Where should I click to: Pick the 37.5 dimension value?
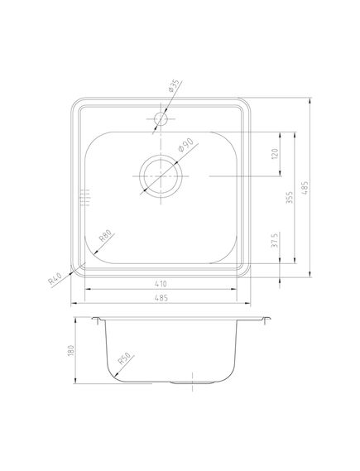[276, 243]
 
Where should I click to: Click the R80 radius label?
[105, 234]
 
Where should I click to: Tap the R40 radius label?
[55, 277]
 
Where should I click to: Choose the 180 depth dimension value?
[73, 353]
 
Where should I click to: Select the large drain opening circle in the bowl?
[159, 175]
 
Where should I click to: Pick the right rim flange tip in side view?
[268, 318]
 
